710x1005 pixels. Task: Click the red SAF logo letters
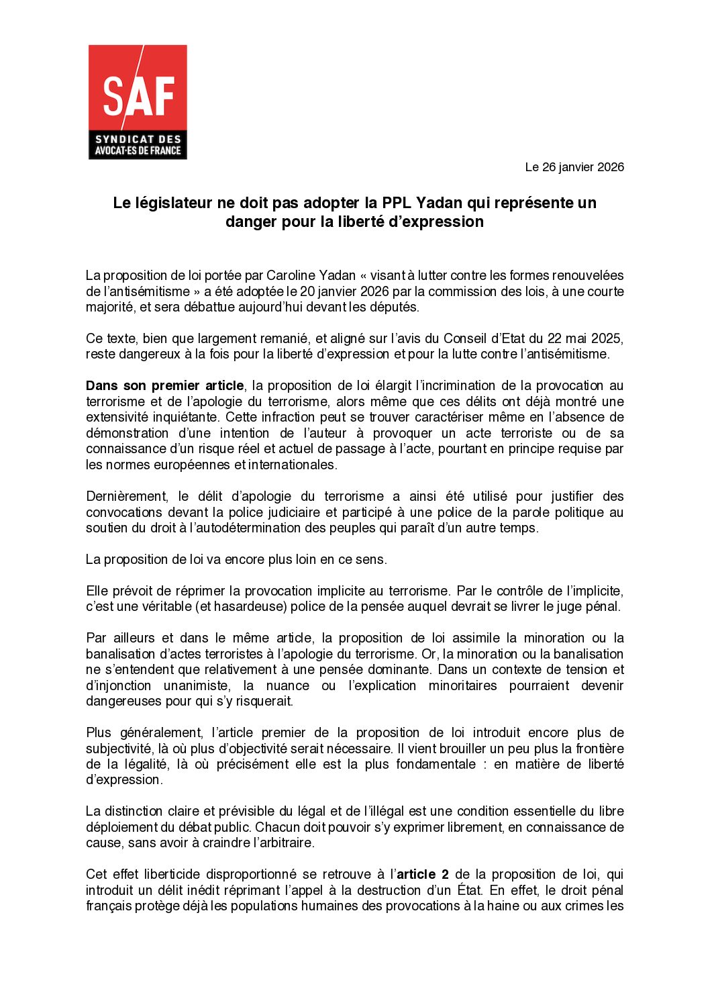tap(138, 95)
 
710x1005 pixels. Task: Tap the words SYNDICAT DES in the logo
tap(138, 140)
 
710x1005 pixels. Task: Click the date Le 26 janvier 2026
tap(574, 167)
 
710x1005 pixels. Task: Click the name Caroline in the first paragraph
tap(292, 275)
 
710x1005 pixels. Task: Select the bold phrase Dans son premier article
tap(165, 385)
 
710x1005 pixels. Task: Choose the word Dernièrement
tap(126, 496)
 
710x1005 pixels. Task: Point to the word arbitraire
tap(286, 843)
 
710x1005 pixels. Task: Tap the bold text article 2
tap(423, 874)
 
